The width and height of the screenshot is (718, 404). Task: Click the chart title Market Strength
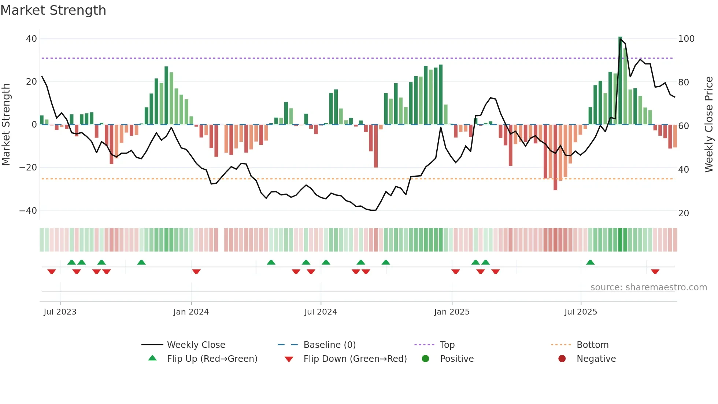click(53, 10)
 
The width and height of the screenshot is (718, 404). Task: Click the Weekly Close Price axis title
click(709, 124)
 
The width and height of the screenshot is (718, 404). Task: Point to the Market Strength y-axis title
click(6, 124)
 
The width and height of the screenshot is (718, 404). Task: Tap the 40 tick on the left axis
click(31, 38)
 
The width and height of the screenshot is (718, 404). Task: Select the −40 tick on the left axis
click(28, 210)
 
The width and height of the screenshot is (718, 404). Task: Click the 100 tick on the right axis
click(686, 38)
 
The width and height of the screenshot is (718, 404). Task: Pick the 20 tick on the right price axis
click(683, 213)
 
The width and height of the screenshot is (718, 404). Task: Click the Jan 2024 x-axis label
click(191, 312)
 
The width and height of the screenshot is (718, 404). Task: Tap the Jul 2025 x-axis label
click(581, 312)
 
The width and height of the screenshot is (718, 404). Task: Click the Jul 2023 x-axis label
click(60, 312)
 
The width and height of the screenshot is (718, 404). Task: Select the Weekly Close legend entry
click(196, 345)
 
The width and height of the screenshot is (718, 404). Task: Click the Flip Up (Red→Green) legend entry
click(212, 359)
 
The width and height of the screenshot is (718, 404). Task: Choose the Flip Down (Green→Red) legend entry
click(355, 359)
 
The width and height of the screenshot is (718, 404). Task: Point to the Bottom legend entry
click(592, 345)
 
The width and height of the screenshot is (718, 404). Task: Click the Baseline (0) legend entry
click(329, 345)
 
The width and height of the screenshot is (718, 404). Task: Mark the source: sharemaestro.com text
click(648, 287)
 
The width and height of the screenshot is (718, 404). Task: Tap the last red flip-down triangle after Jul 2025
click(655, 272)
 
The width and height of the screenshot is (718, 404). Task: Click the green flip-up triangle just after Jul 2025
click(590, 262)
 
